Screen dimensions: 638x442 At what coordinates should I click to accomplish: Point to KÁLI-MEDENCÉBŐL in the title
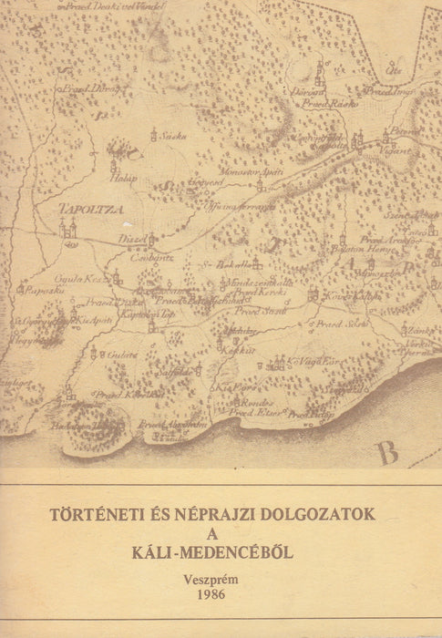point(221,554)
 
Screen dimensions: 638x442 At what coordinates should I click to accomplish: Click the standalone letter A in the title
point(221,534)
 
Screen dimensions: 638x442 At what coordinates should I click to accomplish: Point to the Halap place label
point(126,179)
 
